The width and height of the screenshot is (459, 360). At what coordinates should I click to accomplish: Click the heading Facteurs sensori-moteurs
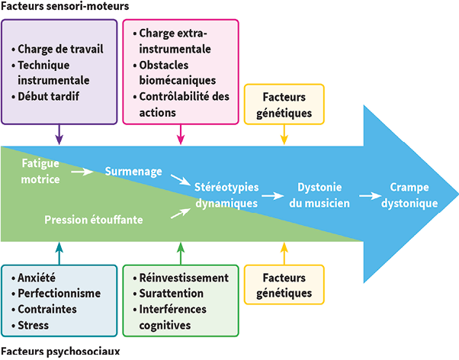click(65, 7)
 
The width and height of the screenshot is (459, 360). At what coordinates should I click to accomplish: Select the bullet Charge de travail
click(62, 49)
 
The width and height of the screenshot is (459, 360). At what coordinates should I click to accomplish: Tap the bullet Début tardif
click(54, 96)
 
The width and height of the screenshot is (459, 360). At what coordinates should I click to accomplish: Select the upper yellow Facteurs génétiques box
click(284, 105)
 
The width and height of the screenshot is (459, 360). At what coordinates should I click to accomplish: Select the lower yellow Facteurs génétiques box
click(284, 285)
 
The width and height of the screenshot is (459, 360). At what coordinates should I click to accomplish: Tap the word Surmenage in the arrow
click(133, 172)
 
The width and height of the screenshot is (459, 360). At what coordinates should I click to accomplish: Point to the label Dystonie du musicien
click(319, 195)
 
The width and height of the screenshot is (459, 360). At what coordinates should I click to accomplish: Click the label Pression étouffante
click(104, 220)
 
